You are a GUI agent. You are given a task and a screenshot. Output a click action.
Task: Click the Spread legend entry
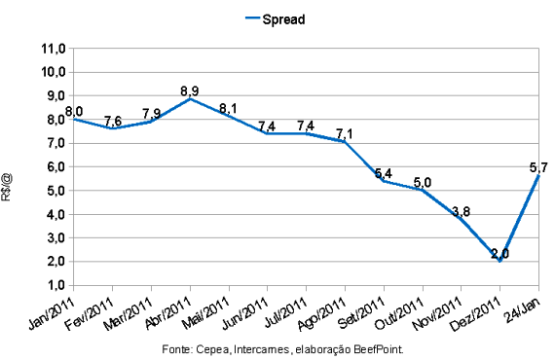275,19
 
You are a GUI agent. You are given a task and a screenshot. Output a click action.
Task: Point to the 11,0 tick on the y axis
54,49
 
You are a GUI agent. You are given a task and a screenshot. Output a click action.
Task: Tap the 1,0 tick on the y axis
56,285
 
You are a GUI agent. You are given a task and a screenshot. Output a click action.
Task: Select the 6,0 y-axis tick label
56,166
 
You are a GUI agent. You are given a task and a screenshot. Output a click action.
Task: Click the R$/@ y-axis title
7,187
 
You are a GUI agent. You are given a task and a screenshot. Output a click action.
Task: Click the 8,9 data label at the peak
190,91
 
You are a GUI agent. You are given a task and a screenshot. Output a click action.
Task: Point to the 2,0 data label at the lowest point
499,254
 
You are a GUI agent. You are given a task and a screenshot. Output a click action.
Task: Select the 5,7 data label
538,167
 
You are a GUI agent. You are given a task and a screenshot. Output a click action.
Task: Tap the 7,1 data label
345,134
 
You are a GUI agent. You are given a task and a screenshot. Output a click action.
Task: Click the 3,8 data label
462,211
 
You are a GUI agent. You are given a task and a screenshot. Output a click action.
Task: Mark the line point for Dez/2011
499,262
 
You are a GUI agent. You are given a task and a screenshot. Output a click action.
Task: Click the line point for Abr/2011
190,98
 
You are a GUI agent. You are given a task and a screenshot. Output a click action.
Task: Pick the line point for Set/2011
384,181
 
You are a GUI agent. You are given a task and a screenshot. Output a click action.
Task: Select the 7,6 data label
113,121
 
